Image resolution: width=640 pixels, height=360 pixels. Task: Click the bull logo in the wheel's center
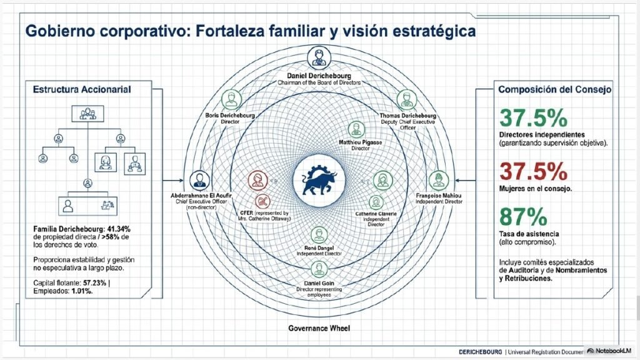[319, 180]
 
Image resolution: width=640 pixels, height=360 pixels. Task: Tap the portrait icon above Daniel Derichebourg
[319, 57]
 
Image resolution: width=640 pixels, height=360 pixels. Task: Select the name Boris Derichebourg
[230, 116]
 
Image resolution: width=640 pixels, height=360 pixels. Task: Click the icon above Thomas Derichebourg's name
[406, 100]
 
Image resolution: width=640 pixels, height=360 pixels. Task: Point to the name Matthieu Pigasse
[360, 142]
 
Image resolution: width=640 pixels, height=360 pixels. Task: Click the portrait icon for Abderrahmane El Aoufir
[199, 181]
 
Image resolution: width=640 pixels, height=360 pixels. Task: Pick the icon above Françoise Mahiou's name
[439, 181]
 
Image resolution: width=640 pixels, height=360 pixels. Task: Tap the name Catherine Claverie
[376, 214]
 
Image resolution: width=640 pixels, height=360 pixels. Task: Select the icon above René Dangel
[319, 236]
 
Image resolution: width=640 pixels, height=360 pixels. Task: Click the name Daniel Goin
[319, 283]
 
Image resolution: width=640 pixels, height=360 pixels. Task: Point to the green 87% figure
[523, 217]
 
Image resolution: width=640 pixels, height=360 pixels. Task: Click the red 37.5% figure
[533, 172]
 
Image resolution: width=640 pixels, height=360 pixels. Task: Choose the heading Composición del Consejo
[555, 89]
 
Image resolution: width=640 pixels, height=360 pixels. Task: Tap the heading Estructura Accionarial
[82, 89]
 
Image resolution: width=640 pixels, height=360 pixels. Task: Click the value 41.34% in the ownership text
[119, 229]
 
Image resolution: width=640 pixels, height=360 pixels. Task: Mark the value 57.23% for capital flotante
[95, 283]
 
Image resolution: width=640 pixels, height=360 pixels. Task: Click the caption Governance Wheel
[319, 328]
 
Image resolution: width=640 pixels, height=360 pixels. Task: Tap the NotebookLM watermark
[609, 351]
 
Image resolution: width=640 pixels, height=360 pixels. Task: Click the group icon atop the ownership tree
[87, 114]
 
